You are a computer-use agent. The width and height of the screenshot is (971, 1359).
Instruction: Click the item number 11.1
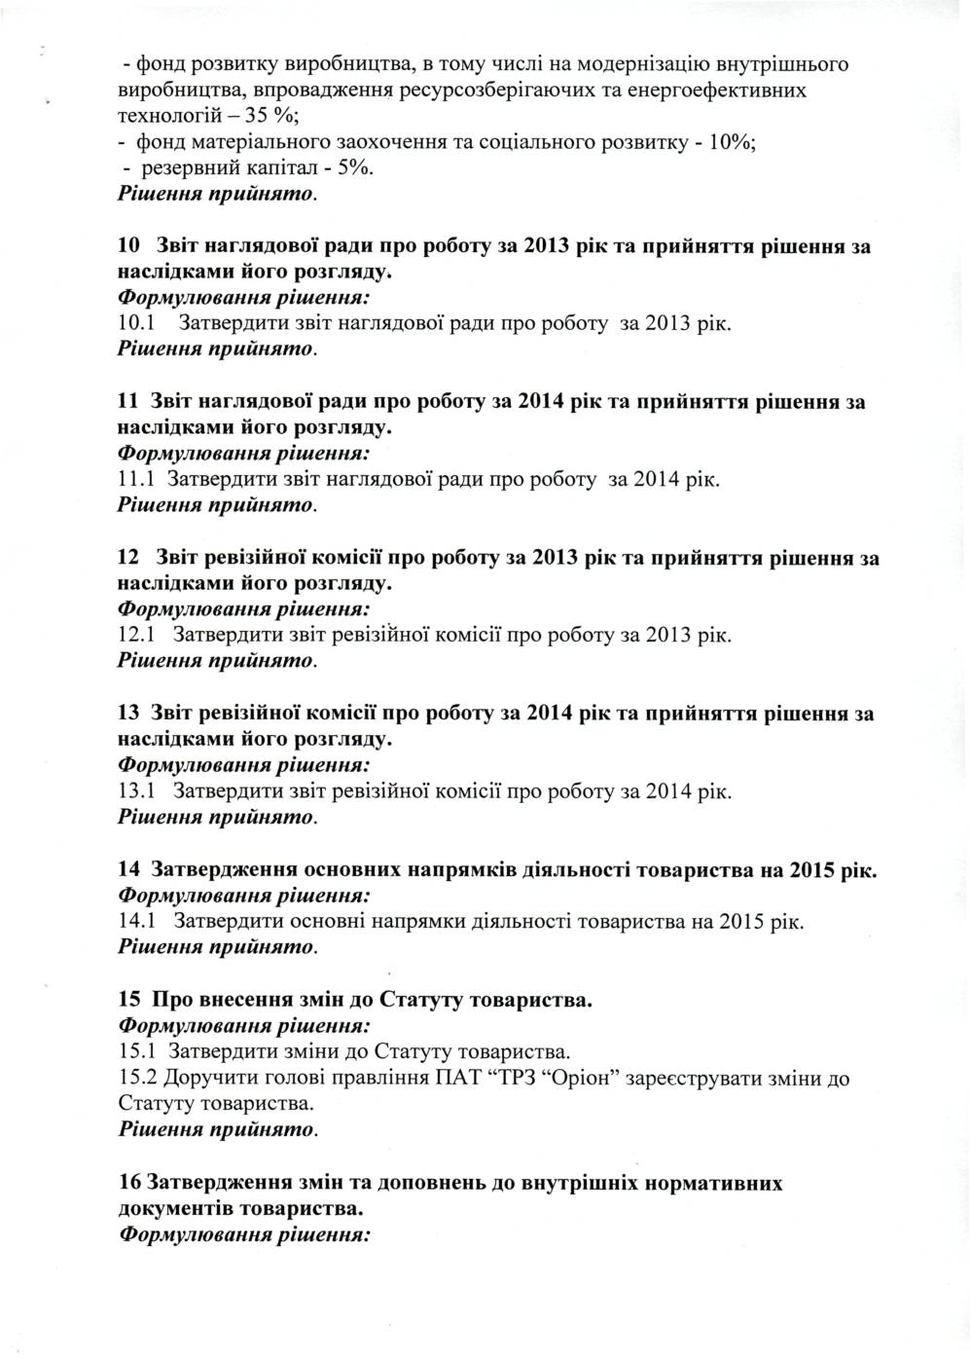(x=136, y=479)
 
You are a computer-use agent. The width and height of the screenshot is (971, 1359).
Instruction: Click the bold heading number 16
(x=128, y=1183)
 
